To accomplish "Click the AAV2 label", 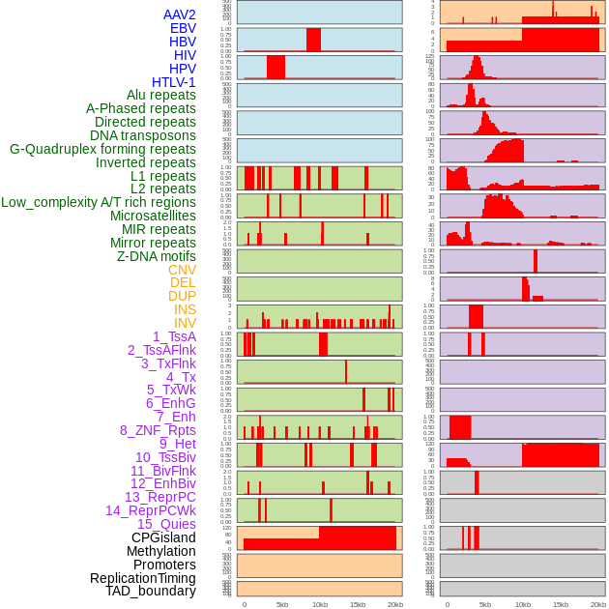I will (180, 14).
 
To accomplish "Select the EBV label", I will (183, 28).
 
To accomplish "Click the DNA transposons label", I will (143, 135).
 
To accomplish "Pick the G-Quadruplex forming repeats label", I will (102, 149).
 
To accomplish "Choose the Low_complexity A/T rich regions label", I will (99, 202).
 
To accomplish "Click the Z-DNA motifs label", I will (157, 256).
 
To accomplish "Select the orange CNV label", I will (182, 270).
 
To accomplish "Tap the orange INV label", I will (185, 323).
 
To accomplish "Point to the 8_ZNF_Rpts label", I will (158, 430).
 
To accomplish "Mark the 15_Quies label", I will (166, 524).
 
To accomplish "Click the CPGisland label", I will (163, 537).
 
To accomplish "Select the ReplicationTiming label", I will (143, 578).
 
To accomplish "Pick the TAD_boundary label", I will (151, 591).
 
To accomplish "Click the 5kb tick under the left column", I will (282, 604).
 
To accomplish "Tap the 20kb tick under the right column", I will (598, 604).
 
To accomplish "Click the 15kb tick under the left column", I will (357, 604).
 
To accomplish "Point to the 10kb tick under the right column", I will (523, 604).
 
